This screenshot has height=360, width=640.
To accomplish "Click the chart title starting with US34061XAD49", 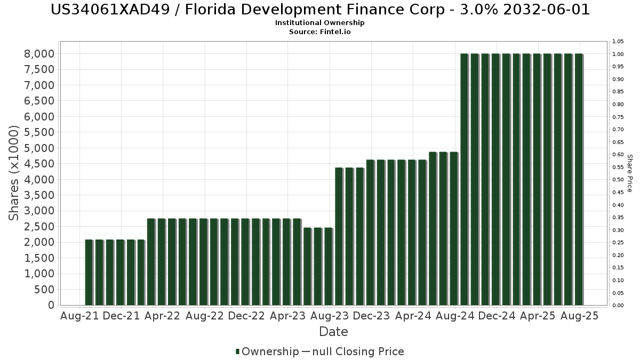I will pyautogui.click(x=320, y=10).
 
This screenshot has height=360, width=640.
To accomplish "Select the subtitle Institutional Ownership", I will pyautogui.click(x=320, y=23).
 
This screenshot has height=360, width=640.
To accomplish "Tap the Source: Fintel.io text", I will pyautogui.click(x=320, y=31).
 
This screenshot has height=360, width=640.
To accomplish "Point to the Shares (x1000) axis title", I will pyautogui.click(x=14, y=173).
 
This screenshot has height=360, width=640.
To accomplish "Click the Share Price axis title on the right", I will pyautogui.click(x=629, y=173).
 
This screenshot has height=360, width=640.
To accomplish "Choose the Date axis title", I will pyautogui.click(x=333, y=332).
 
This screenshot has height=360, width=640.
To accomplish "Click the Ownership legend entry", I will pyautogui.click(x=267, y=351).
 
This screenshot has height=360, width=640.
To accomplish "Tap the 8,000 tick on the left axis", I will pyautogui.click(x=39, y=54).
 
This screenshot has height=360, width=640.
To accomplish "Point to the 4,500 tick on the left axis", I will pyautogui.click(x=39, y=164).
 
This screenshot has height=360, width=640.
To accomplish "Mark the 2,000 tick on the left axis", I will pyautogui.click(x=39, y=242).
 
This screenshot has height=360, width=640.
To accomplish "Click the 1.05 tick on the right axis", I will pyautogui.click(x=618, y=42).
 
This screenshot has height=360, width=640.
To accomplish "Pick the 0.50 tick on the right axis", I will pyautogui.click(x=618, y=180).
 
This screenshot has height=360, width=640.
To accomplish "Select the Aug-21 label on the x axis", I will pyautogui.click(x=80, y=316).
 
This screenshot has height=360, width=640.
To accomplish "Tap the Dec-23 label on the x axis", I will pyautogui.click(x=371, y=316).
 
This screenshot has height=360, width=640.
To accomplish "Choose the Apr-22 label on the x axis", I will pyautogui.click(x=163, y=316).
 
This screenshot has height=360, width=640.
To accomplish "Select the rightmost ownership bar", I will pyautogui.click(x=579, y=179).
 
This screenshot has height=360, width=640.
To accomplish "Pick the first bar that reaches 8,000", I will pyautogui.click(x=464, y=179).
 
